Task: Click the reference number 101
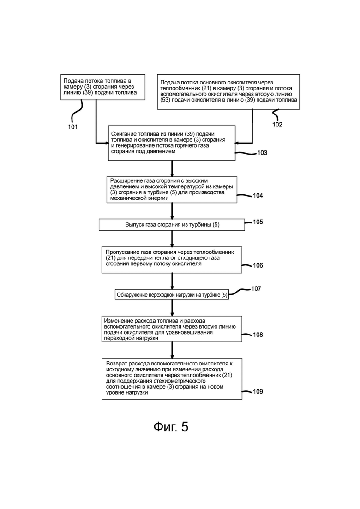click(73, 126)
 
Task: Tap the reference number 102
click(277, 124)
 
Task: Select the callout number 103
click(262, 153)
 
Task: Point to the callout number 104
click(258, 195)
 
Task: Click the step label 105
click(258, 222)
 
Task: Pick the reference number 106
click(258, 265)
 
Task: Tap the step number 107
click(256, 288)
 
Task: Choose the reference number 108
click(258, 335)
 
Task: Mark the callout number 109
click(258, 391)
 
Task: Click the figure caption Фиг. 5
click(171, 427)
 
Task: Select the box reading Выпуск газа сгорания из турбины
click(172, 225)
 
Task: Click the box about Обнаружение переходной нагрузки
click(172, 295)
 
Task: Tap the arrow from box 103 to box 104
click(172, 168)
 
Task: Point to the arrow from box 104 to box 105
click(172, 211)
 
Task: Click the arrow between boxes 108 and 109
click(172, 350)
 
